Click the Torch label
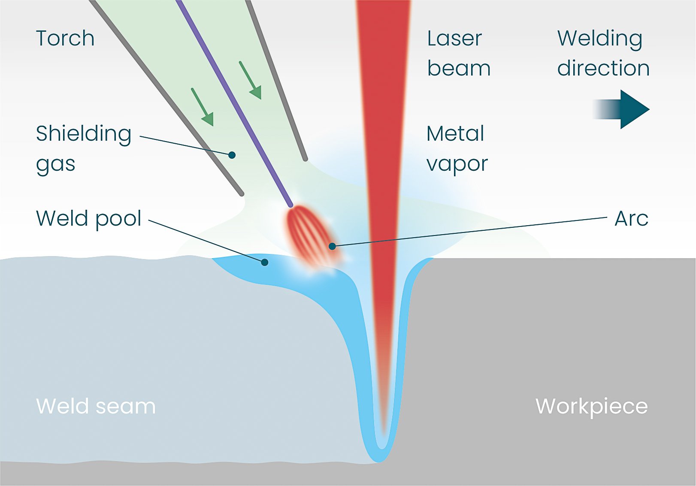(x=65, y=39)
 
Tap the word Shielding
(x=84, y=134)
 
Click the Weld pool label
(x=89, y=218)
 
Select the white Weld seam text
(x=96, y=406)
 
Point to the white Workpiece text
(x=591, y=406)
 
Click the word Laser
(x=454, y=39)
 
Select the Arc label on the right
(x=631, y=219)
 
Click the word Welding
(x=599, y=39)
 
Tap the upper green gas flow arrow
(x=251, y=80)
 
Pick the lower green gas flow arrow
(x=203, y=107)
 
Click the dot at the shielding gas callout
(x=232, y=155)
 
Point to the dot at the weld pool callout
(x=265, y=262)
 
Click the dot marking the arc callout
(x=332, y=246)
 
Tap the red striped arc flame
(x=311, y=236)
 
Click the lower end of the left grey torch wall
(x=241, y=194)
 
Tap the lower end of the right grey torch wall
(x=305, y=159)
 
